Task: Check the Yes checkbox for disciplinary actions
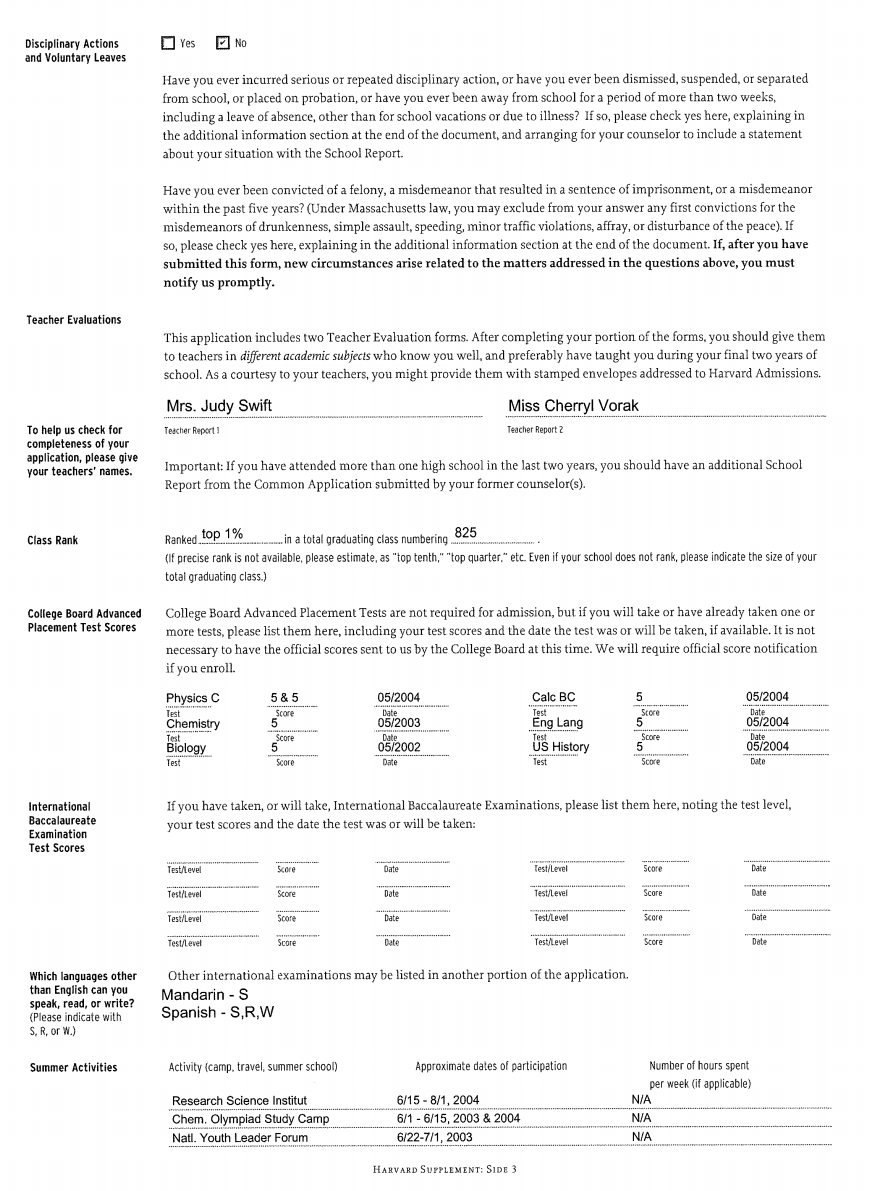pos(168,43)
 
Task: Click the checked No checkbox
pos(223,43)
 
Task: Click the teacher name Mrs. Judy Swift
pos(219,406)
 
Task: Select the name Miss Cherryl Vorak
pos(573,406)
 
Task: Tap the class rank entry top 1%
pos(222,534)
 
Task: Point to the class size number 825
pos(466,533)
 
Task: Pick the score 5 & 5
pos(284,698)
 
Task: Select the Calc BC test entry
pos(554,697)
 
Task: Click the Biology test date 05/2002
pos(399,747)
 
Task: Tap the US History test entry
pos(560,747)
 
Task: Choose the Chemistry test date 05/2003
pos(399,723)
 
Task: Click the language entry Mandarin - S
pos(205,995)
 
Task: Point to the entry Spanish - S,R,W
pos(218,1013)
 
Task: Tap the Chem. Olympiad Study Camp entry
pos(250,1119)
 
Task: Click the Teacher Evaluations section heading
pos(73,320)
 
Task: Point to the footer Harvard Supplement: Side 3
pos(443,1169)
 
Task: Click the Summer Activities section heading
pos(73,1068)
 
